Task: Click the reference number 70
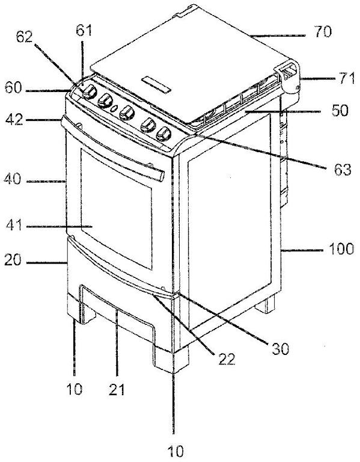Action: tap(323, 31)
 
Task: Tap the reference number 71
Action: tap(345, 79)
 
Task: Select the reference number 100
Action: tap(341, 249)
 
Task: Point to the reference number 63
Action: tap(341, 170)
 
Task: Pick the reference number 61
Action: tap(84, 31)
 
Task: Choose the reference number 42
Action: tap(14, 120)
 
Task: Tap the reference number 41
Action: tap(14, 226)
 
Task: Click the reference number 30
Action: tap(279, 349)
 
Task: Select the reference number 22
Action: tap(227, 359)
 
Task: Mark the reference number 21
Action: tap(117, 390)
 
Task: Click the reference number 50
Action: tap(340, 111)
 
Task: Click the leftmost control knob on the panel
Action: tap(90, 92)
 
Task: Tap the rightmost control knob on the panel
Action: tap(164, 134)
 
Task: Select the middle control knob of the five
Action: tap(127, 113)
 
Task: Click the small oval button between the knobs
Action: tap(114, 109)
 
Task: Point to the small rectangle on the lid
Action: tap(156, 85)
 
